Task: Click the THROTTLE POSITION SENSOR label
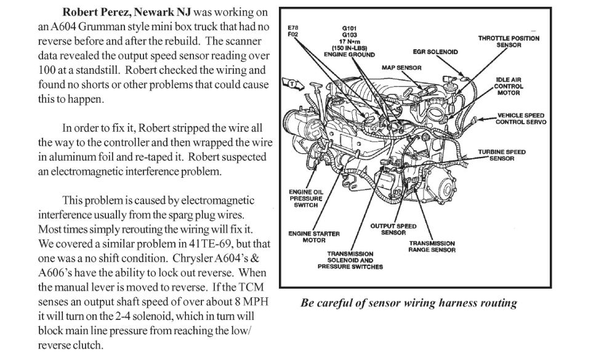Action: [x=509, y=41]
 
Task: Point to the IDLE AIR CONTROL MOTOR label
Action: [x=508, y=86]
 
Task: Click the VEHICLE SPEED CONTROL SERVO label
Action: [x=520, y=119]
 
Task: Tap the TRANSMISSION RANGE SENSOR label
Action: [x=432, y=247]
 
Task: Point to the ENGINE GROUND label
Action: [x=350, y=55]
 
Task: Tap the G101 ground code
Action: [x=350, y=28]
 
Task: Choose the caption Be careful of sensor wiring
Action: [x=409, y=303]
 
